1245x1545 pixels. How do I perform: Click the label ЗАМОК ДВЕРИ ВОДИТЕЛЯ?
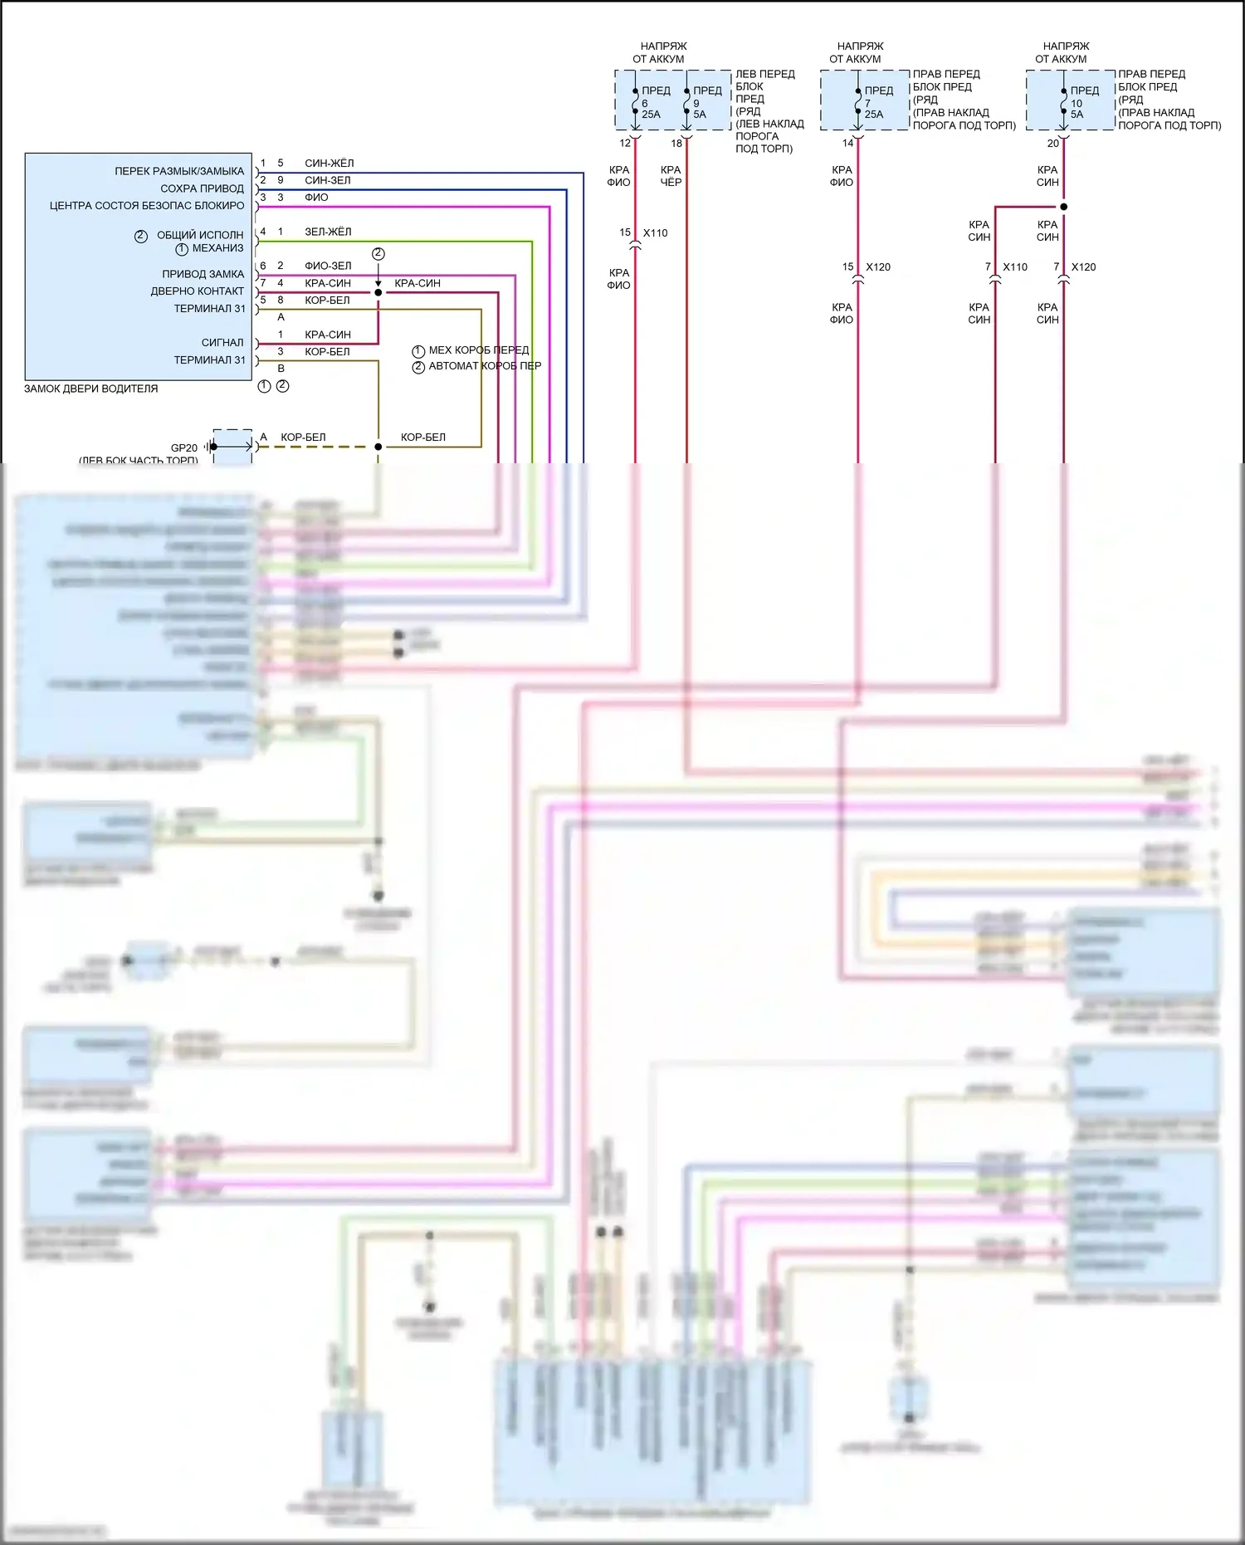pos(90,389)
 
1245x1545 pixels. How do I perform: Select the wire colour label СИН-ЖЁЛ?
pos(329,164)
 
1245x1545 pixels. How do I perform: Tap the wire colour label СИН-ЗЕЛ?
pos(327,180)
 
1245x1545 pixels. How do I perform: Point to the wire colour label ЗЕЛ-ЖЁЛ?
pos(327,232)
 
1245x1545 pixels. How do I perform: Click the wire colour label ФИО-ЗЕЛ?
pos(327,266)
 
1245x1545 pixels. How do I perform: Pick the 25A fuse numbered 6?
pos(636,102)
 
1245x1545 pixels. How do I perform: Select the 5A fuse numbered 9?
pos(687,102)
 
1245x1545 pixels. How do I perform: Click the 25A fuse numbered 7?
pos(858,102)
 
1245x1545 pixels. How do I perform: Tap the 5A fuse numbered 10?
pos(1064,102)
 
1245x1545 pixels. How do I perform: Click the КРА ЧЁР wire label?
pos(671,176)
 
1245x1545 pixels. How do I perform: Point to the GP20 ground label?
pos(184,447)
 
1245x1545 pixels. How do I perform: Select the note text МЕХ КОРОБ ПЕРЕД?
pos(478,350)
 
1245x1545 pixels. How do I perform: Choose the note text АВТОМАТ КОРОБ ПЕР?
pos(484,366)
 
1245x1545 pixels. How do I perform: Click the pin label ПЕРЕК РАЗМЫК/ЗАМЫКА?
pos(179,171)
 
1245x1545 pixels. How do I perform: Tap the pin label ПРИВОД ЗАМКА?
pos(203,274)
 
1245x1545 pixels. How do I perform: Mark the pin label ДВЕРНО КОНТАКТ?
pos(197,291)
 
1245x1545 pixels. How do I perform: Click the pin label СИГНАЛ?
pos(222,342)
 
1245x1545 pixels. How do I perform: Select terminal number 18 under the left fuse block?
pos(676,144)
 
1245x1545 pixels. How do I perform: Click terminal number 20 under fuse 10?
pos(1052,144)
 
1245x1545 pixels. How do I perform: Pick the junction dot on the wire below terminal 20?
pos(1064,207)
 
